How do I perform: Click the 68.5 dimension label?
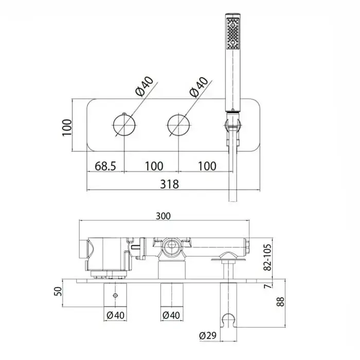105,166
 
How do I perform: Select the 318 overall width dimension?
169,184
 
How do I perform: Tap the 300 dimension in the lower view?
163,216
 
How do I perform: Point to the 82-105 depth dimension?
268,257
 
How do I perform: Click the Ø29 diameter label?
208,336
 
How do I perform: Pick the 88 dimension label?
280,301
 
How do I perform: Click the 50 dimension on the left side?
58,292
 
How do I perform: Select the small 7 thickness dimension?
268,286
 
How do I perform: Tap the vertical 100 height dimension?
67,128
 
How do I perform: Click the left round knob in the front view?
124,125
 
